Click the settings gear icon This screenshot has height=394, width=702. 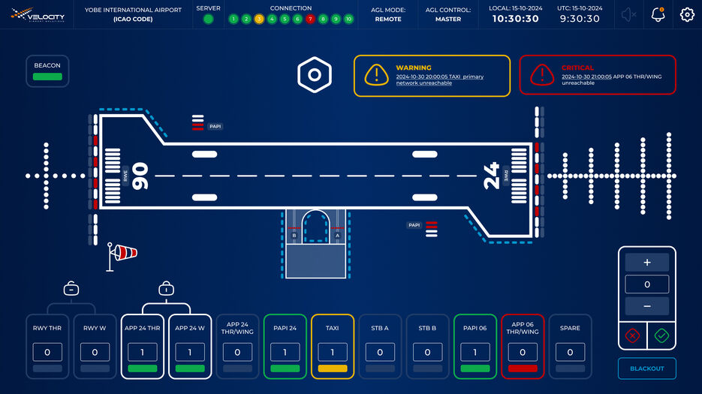tap(687, 14)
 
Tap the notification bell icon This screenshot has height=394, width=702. tap(658, 14)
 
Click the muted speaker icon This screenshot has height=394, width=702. tap(629, 14)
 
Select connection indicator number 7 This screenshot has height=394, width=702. tap(310, 19)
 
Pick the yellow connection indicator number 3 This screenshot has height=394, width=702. tap(259, 19)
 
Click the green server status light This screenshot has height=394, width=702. tap(208, 19)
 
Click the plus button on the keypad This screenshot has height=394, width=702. tap(646, 263)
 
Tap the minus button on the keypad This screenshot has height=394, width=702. tap(646, 306)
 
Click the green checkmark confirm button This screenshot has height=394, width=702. tap(661, 335)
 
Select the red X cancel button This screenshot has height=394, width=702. tap(632, 335)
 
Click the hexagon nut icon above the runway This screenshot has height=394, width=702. tap(315, 74)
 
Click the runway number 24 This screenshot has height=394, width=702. tap(491, 176)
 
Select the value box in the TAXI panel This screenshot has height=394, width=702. tap(333, 352)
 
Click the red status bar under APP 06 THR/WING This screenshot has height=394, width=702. tap(523, 368)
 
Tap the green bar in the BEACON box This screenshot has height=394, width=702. tap(47, 77)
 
